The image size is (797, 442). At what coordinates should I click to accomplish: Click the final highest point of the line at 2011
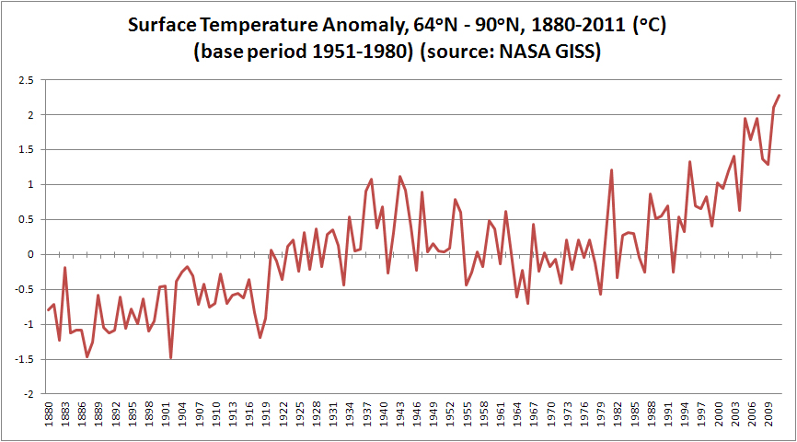[x=779, y=96]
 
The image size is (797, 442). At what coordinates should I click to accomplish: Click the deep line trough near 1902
[x=171, y=357]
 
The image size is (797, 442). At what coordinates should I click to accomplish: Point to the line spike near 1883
[x=64, y=268]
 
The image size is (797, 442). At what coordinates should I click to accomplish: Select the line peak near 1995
[x=689, y=162]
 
